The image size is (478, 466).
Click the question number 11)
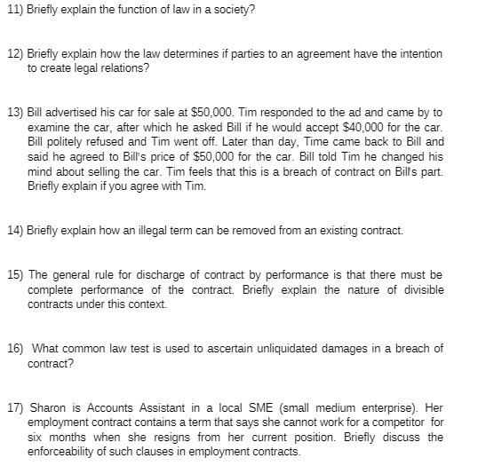[15, 10]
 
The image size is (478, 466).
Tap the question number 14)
[15, 230]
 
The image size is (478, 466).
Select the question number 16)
[15, 349]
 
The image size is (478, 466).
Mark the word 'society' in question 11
[232, 10]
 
